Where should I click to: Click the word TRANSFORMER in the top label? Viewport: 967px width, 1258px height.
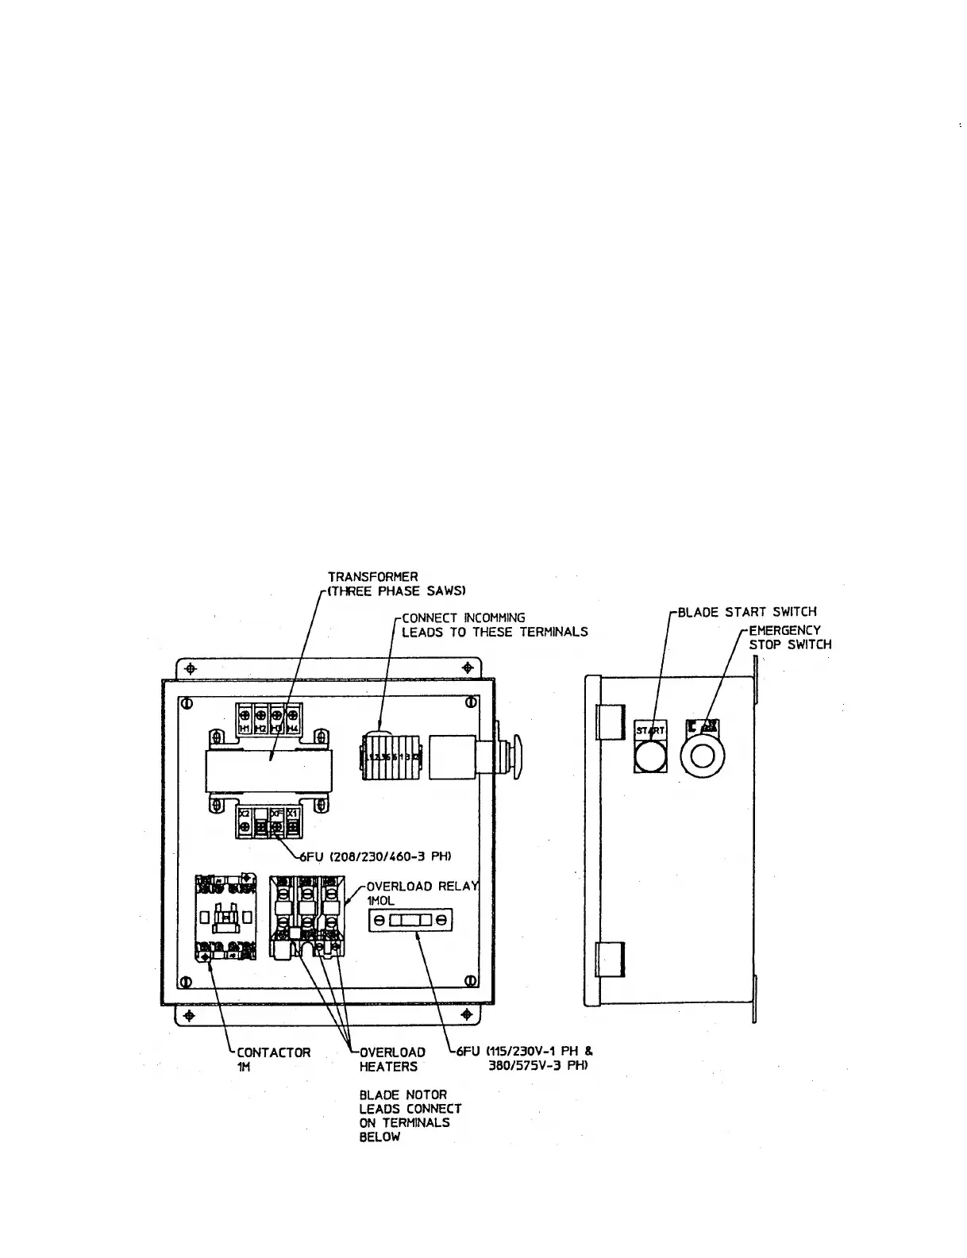(372, 576)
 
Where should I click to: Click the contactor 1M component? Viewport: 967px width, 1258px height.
(227, 918)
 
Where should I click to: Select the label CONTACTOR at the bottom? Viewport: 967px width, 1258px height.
(274, 1052)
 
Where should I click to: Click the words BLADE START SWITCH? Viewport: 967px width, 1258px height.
(746, 612)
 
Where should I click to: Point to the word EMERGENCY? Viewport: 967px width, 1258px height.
(784, 630)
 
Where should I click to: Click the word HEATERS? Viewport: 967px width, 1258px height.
(388, 1067)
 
